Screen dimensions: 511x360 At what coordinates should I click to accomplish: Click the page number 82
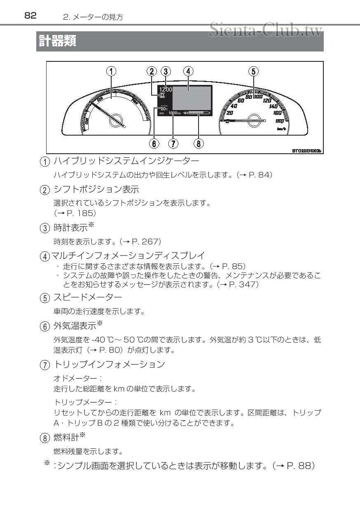30,15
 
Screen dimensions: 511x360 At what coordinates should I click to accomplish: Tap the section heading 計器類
57,41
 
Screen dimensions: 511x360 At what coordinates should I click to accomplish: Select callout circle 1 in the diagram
111,71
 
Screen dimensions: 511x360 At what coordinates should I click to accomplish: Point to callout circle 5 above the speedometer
254,71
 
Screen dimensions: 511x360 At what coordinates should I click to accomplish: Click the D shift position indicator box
162,95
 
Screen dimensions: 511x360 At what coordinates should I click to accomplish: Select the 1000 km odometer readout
175,113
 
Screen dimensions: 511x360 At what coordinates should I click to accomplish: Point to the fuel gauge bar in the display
198,113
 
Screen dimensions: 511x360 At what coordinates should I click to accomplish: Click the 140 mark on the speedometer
273,106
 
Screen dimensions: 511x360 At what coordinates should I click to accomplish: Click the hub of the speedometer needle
254,120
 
